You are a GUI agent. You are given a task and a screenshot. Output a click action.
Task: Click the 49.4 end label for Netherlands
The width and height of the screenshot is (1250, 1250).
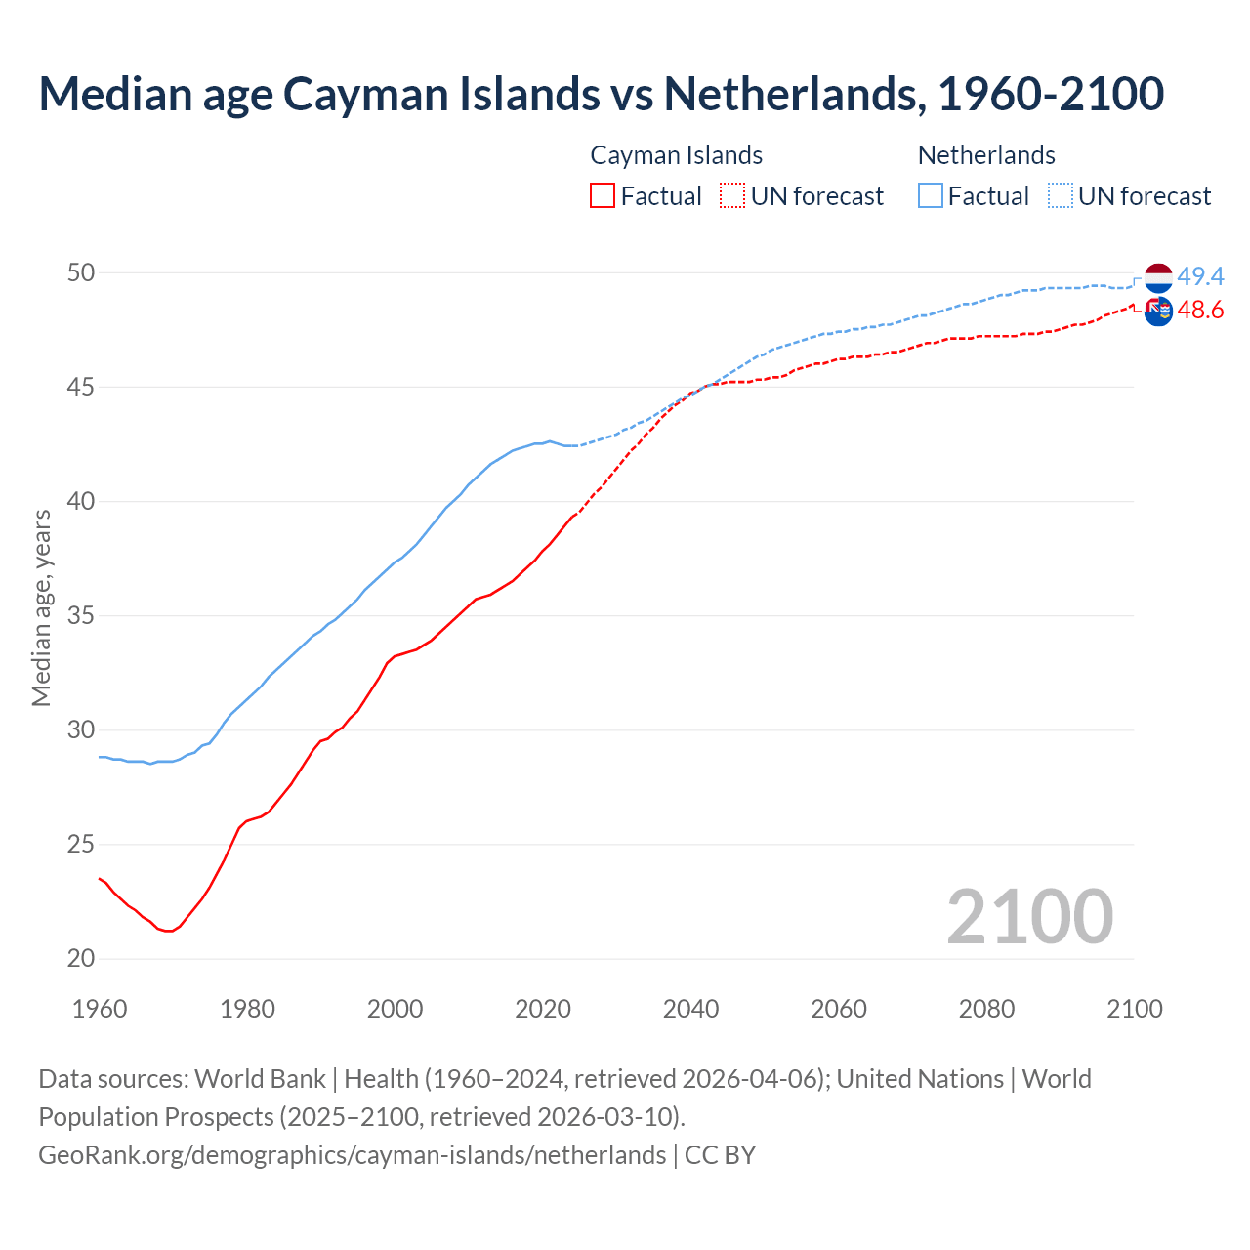click(1200, 277)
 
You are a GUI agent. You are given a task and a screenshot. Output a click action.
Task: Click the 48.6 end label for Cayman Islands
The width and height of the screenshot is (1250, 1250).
click(1200, 311)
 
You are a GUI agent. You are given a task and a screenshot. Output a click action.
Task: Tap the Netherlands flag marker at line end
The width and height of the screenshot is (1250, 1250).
click(1158, 277)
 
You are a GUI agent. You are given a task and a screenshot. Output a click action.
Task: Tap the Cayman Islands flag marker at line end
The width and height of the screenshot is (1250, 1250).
click(1158, 312)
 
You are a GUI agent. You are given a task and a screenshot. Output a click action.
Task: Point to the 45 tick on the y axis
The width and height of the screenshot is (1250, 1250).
click(81, 388)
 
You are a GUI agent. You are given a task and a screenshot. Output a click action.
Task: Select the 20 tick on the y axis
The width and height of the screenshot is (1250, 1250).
click(81, 959)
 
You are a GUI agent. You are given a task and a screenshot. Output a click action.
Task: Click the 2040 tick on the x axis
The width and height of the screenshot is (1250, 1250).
click(690, 1009)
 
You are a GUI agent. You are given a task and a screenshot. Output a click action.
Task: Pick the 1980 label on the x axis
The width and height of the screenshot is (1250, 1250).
click(247, 1009)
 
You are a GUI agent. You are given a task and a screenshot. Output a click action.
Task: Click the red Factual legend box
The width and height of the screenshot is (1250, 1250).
click(603, 196)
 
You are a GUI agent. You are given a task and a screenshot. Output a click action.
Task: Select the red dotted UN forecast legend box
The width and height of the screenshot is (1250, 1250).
click(732, 196)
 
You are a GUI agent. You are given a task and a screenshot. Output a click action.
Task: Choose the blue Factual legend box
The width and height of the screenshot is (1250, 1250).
click(931, 196)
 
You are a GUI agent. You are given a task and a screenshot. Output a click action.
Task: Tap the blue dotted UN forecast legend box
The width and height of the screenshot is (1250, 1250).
click(1061, 196)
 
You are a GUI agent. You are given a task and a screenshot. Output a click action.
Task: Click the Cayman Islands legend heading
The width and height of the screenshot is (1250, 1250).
click(676, 155)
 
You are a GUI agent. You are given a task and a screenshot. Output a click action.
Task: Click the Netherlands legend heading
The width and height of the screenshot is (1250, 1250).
click(986, 155)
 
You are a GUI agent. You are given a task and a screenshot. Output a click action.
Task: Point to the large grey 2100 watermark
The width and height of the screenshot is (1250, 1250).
click(1029, 916)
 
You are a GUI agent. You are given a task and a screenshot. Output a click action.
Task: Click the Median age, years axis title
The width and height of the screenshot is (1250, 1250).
click(41, 607)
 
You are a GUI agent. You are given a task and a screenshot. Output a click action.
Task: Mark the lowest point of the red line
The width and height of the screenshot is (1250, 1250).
click(169, 931)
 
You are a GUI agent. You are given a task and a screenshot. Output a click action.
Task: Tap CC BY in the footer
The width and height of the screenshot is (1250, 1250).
click(720, 1154)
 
